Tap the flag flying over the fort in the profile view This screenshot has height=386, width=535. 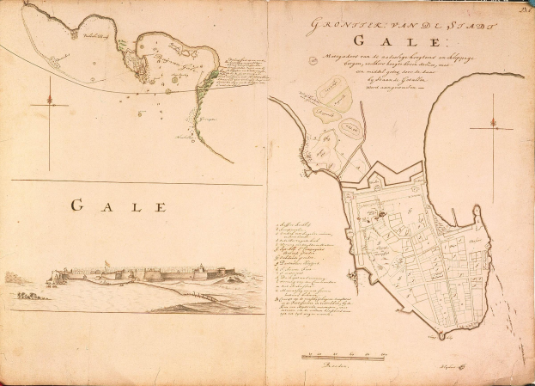pos(105,263)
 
